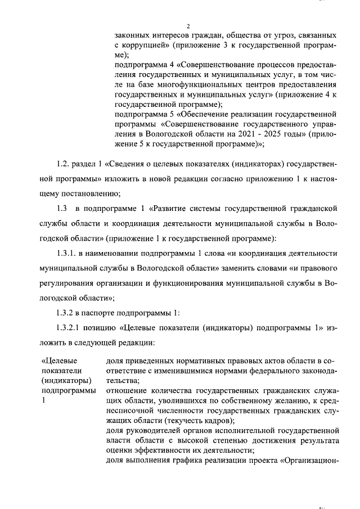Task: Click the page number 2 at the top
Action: point(188,26)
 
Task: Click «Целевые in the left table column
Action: point(60,361)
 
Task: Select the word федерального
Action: point(267,371)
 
